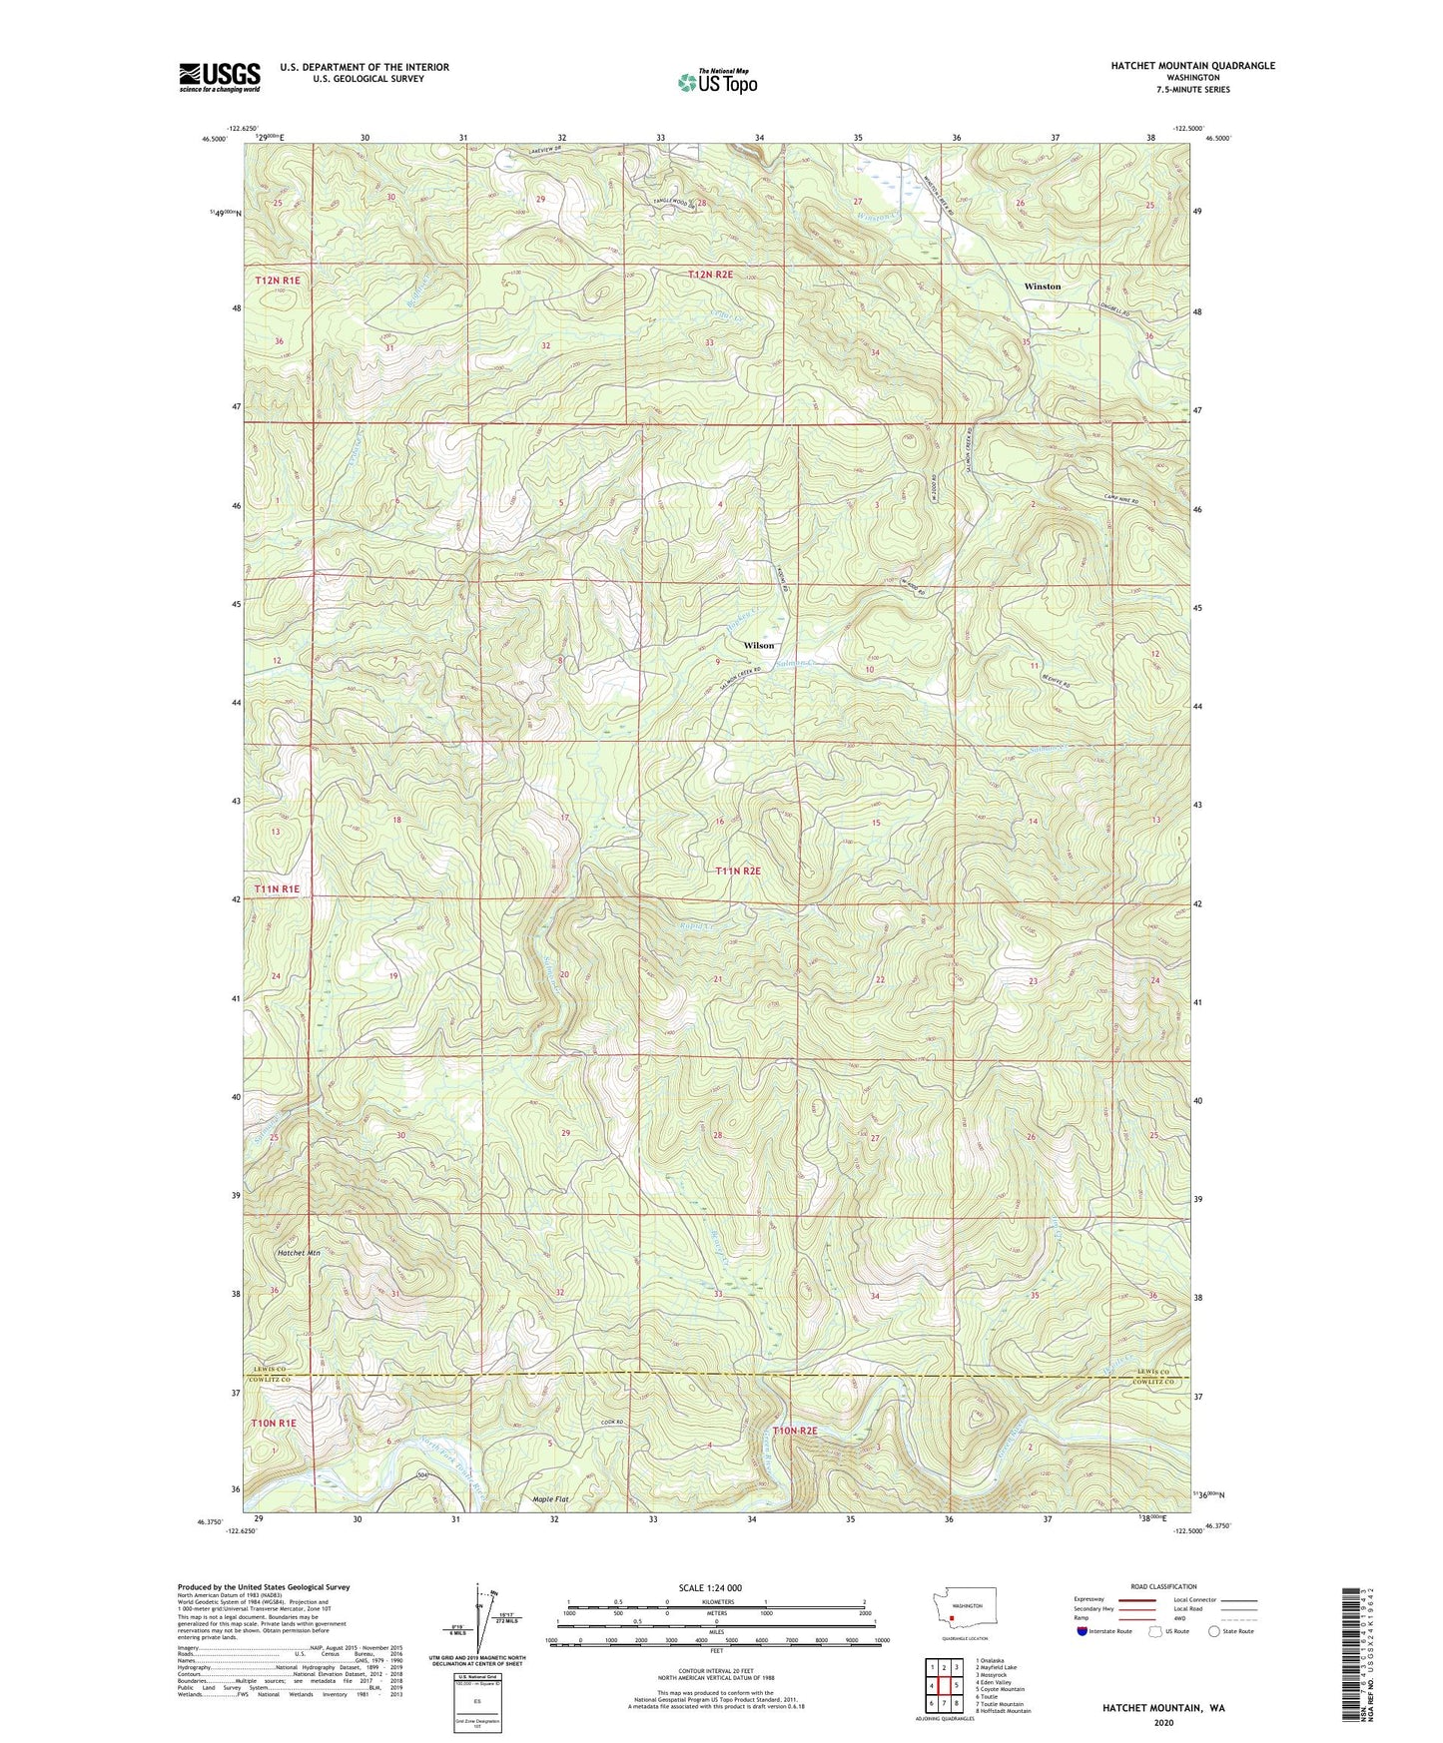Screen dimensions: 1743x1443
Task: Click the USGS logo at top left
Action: [x=220, y=77]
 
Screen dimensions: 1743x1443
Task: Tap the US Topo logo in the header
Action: [x=717, y=82]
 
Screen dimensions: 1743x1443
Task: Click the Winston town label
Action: [x=1042, y=287]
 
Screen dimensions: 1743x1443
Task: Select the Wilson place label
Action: [x=758, y=645]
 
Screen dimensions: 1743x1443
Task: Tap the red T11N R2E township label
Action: [x=738, y=871]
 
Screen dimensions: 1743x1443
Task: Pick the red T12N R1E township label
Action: [x=277, y=281]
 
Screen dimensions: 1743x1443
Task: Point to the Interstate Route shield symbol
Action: [x=1083, y=1631]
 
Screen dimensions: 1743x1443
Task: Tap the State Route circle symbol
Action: [x=1214, y=1631]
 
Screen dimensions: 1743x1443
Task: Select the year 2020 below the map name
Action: [x=1163, y=1722]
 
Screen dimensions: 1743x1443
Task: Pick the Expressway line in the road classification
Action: [x=1135, y=1598]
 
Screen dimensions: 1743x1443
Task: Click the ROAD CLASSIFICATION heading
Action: [x=1163, y=1586]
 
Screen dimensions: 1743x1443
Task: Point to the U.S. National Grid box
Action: [x=477, y=1702]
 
